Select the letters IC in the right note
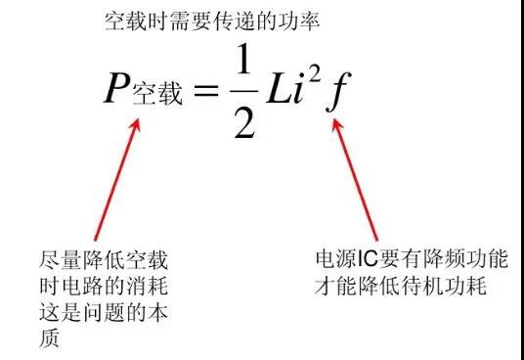pos(364,260)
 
